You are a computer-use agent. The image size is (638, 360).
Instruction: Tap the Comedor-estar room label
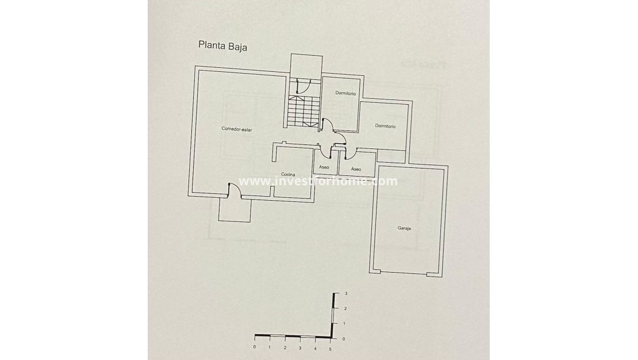pos(237,129)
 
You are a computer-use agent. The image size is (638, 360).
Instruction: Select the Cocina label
pos(288,174)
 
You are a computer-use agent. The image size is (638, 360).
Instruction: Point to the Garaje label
pos(405,228)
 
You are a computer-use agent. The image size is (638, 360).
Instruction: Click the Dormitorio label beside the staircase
pos(346,93)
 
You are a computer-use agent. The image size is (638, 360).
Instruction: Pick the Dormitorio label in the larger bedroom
pos(385,125)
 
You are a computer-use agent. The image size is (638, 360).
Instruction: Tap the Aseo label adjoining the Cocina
pos(324,168)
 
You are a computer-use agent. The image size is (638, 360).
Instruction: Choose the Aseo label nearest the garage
pos(356,169)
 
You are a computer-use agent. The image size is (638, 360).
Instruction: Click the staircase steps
pos(302,112)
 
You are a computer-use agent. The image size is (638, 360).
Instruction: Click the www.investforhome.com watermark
pos(318,181)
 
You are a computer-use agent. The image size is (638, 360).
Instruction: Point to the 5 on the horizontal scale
pos(330,348)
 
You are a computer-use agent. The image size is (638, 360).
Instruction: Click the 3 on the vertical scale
pos(346,294)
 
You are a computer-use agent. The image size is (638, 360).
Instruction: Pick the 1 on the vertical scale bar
pos(344,324)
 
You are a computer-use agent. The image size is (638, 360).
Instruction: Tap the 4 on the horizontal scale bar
pos(315,348)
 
